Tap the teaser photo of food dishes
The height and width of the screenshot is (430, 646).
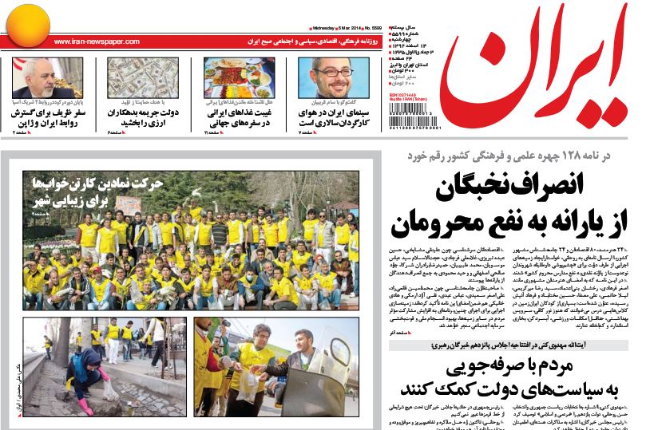point(239,77)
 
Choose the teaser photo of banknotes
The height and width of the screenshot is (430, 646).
point(143,77)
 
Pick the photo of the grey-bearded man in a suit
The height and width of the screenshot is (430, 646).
point(47,77)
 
